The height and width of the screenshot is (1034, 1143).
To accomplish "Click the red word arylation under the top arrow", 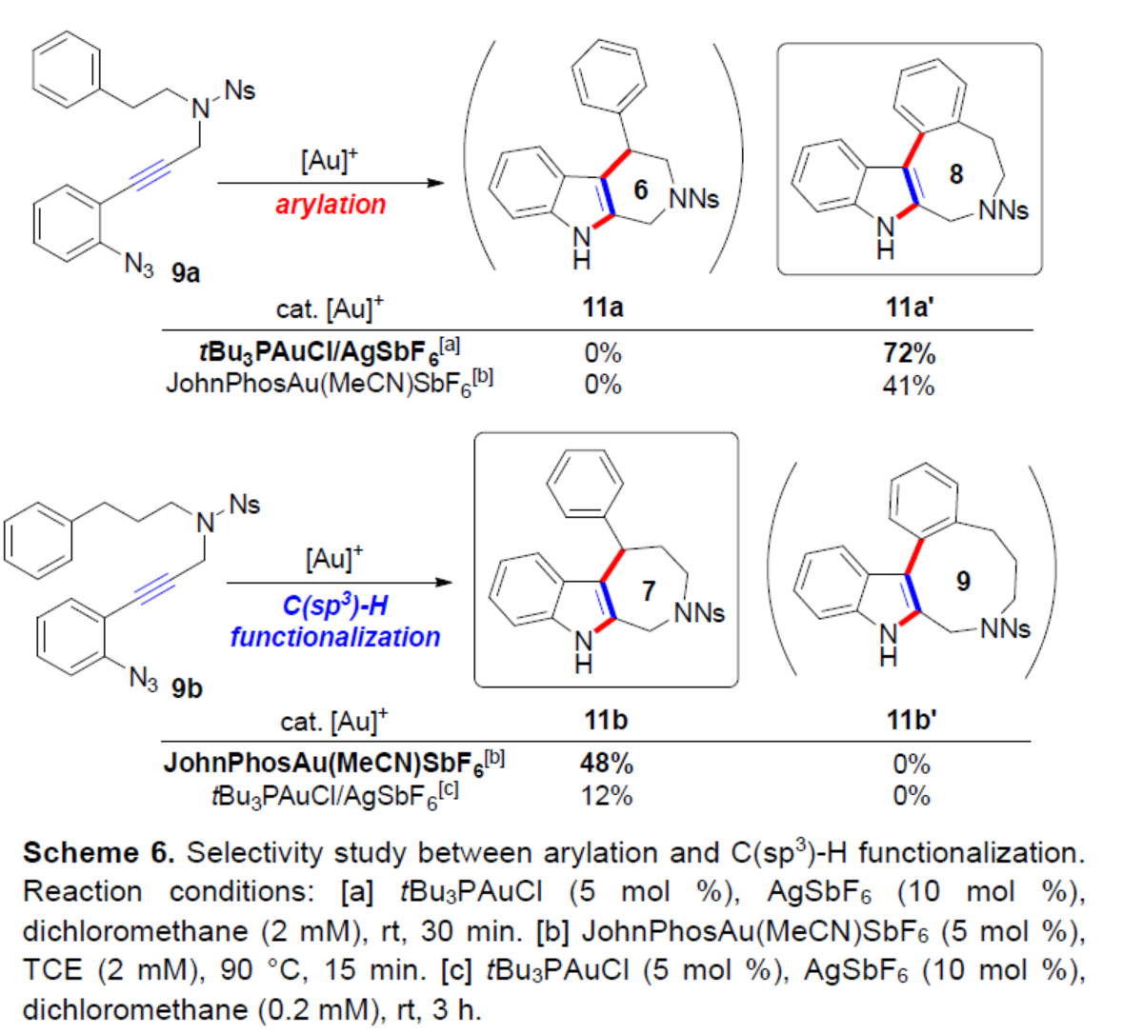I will click(331, 205).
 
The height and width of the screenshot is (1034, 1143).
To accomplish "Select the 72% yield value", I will click(910, 354).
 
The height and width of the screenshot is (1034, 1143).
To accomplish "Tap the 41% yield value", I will click(909, 386).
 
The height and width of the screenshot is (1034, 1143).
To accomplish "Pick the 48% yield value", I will click(607, 764).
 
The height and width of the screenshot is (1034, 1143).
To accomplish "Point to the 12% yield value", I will click(607, 795).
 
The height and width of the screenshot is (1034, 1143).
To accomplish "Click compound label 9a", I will click(186, 274).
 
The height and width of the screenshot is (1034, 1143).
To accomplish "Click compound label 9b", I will click(187, 687).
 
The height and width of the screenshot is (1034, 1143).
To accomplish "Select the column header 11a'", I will click(911, 308).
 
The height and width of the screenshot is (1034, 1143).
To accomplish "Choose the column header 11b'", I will click(912, 720).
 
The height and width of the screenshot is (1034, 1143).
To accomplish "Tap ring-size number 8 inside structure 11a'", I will click(955, 174).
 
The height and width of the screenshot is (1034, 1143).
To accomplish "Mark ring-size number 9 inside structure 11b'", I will click(963, 581).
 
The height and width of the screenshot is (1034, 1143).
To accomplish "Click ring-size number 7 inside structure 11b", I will click(649, 591).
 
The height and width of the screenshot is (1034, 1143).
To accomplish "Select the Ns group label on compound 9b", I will click(245, 504).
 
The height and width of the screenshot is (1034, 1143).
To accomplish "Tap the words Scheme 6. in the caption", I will click(98, 852).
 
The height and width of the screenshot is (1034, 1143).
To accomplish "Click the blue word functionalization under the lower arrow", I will click(335, 636).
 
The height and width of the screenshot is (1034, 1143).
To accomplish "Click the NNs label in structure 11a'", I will click(1003, 210).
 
